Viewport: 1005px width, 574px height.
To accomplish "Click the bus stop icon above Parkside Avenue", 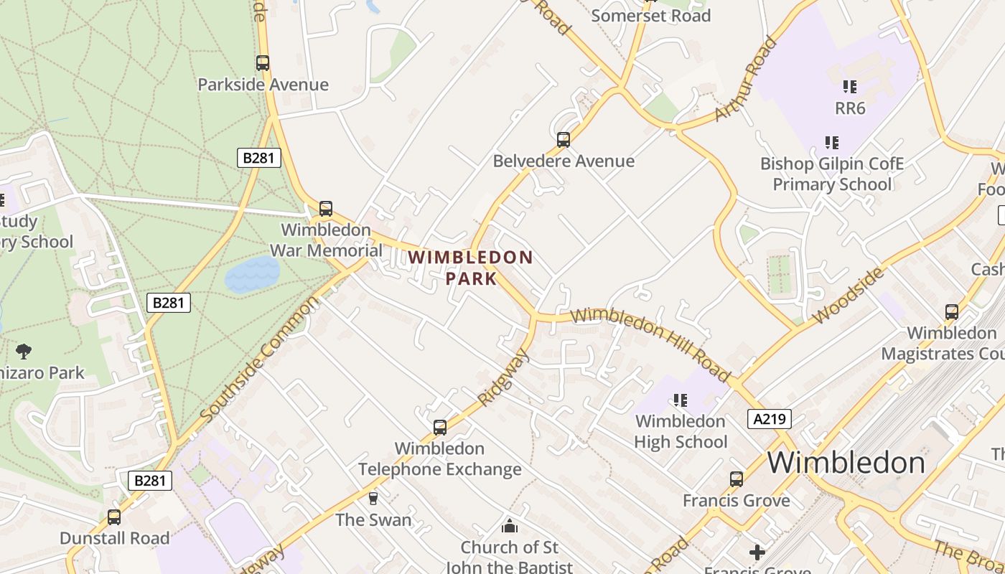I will coord(263,63).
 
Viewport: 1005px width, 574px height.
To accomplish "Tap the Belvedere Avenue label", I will coord(564,161).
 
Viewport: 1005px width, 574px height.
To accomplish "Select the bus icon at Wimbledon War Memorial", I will coord(326,209).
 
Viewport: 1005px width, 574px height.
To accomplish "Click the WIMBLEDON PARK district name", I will coord(471,268).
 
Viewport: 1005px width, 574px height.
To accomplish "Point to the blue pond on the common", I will coord(252,274).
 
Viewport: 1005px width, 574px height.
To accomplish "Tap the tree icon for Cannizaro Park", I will coord(24,351).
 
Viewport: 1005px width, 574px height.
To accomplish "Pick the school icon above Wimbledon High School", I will coord(681,400).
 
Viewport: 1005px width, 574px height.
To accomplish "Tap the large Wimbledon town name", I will coord(846,463).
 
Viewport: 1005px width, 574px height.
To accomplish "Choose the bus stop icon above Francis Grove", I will coord(737,479).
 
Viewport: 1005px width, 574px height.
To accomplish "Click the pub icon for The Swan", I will coord(373,498).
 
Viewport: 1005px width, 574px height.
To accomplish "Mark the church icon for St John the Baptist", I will coord(510,526).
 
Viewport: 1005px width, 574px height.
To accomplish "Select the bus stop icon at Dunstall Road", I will coord(114,517).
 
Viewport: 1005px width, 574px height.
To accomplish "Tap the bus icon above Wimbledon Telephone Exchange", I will coord(440,428).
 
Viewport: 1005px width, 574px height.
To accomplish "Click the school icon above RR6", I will coord(850,87).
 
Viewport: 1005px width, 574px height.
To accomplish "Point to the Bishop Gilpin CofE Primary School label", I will coord(832,174).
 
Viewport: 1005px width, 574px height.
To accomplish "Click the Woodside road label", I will coord(848,296).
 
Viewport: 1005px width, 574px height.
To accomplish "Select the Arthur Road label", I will coord(747,79).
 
